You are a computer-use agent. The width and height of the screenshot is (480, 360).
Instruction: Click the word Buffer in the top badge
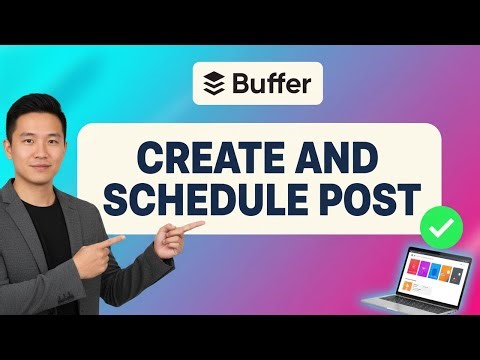[270, 82]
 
